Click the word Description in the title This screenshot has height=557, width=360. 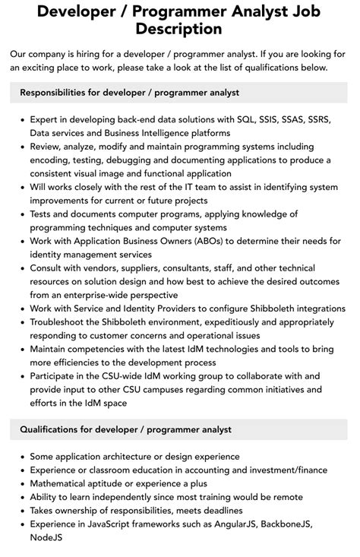point(179,29)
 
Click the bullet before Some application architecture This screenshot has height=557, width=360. point(21,457)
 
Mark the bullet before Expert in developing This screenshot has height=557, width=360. point(21,120)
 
